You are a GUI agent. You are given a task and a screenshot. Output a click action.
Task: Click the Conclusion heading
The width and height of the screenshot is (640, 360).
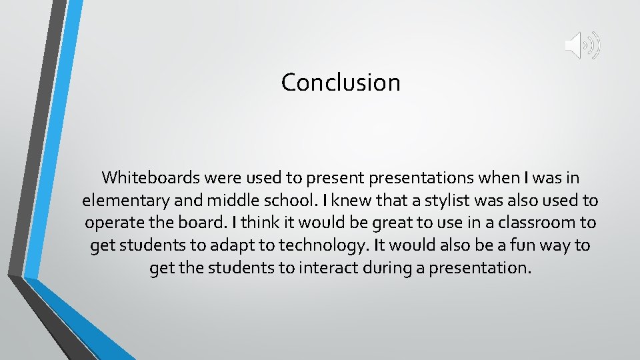(x=341, y=83)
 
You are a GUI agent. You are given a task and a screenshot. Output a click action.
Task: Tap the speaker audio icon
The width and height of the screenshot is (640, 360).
(x=583, y=45)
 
